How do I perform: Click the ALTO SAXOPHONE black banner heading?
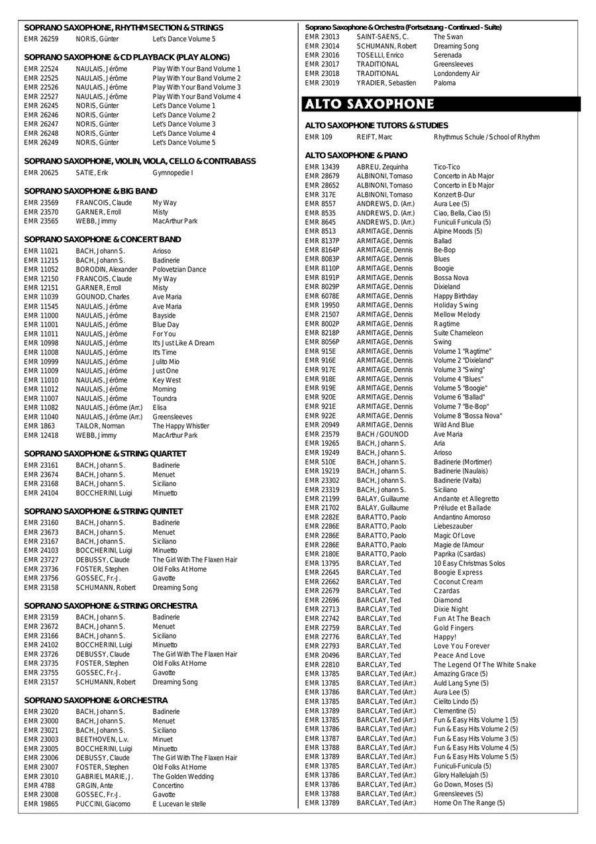click(369, 104)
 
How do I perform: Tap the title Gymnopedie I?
click(173, 173)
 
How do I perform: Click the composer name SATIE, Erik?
click(91, 173)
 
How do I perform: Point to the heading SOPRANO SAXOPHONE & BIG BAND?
click(91, 191)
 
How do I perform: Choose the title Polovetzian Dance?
click(179, 270)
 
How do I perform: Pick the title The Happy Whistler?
click(181, 426)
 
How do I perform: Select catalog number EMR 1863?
click(39, 426)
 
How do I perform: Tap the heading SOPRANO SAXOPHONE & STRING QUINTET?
click(103, 511)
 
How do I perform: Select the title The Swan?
click(448, 37)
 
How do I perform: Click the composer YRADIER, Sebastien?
click(386, 83)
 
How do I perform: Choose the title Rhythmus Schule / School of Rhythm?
click(486, 137)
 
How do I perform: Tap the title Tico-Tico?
click(446, 167)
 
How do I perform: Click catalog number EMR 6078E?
click(321, 296)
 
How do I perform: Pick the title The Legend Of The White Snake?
click(485, 664)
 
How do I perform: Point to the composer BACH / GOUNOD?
click(382, 434)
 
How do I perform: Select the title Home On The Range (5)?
click(469, 803)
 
